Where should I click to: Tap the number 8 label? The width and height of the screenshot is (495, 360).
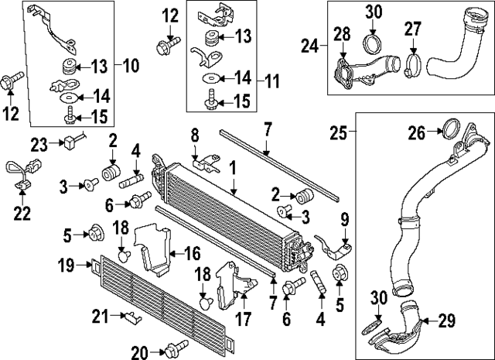pyautogui.click(x=196, y=135)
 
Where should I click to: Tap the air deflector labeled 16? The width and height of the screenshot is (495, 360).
pyautogui.click(x=155, y=246)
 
